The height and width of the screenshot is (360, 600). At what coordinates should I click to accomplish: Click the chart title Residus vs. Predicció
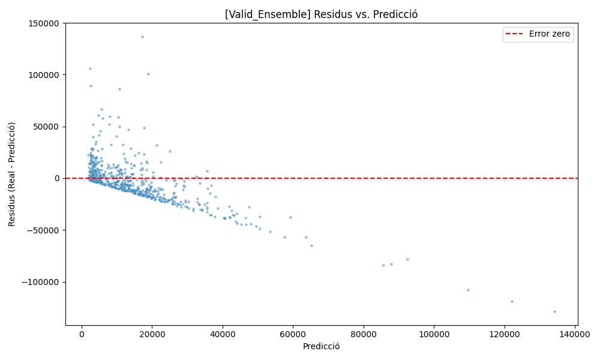[x=322, y=14]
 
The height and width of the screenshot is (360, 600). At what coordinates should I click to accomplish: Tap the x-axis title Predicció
[x=322, y=346]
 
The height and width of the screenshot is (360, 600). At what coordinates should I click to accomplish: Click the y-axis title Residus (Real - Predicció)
[x=11, y=174]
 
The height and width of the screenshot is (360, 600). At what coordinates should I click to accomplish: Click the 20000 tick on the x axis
[x=152, y=334]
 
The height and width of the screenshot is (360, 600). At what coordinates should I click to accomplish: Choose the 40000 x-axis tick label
[x=223, y=334]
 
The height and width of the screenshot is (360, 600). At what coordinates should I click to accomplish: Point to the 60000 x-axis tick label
[x=293, y=334]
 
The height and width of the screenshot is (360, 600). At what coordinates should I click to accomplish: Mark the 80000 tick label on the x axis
[x=364, y=334]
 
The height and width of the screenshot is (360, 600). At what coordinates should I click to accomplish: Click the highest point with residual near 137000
[x=142, y=37]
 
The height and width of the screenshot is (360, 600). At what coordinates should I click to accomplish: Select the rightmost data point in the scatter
[x=554, y=311]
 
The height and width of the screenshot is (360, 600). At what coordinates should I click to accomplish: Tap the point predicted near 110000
[x=468, y=290]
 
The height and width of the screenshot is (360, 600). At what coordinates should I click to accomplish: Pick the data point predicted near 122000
[x=512, y=301]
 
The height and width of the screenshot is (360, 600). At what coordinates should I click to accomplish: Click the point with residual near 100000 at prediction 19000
[x=148, y=74]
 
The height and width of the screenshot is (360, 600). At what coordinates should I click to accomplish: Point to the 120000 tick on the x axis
[x=505, y=334]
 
